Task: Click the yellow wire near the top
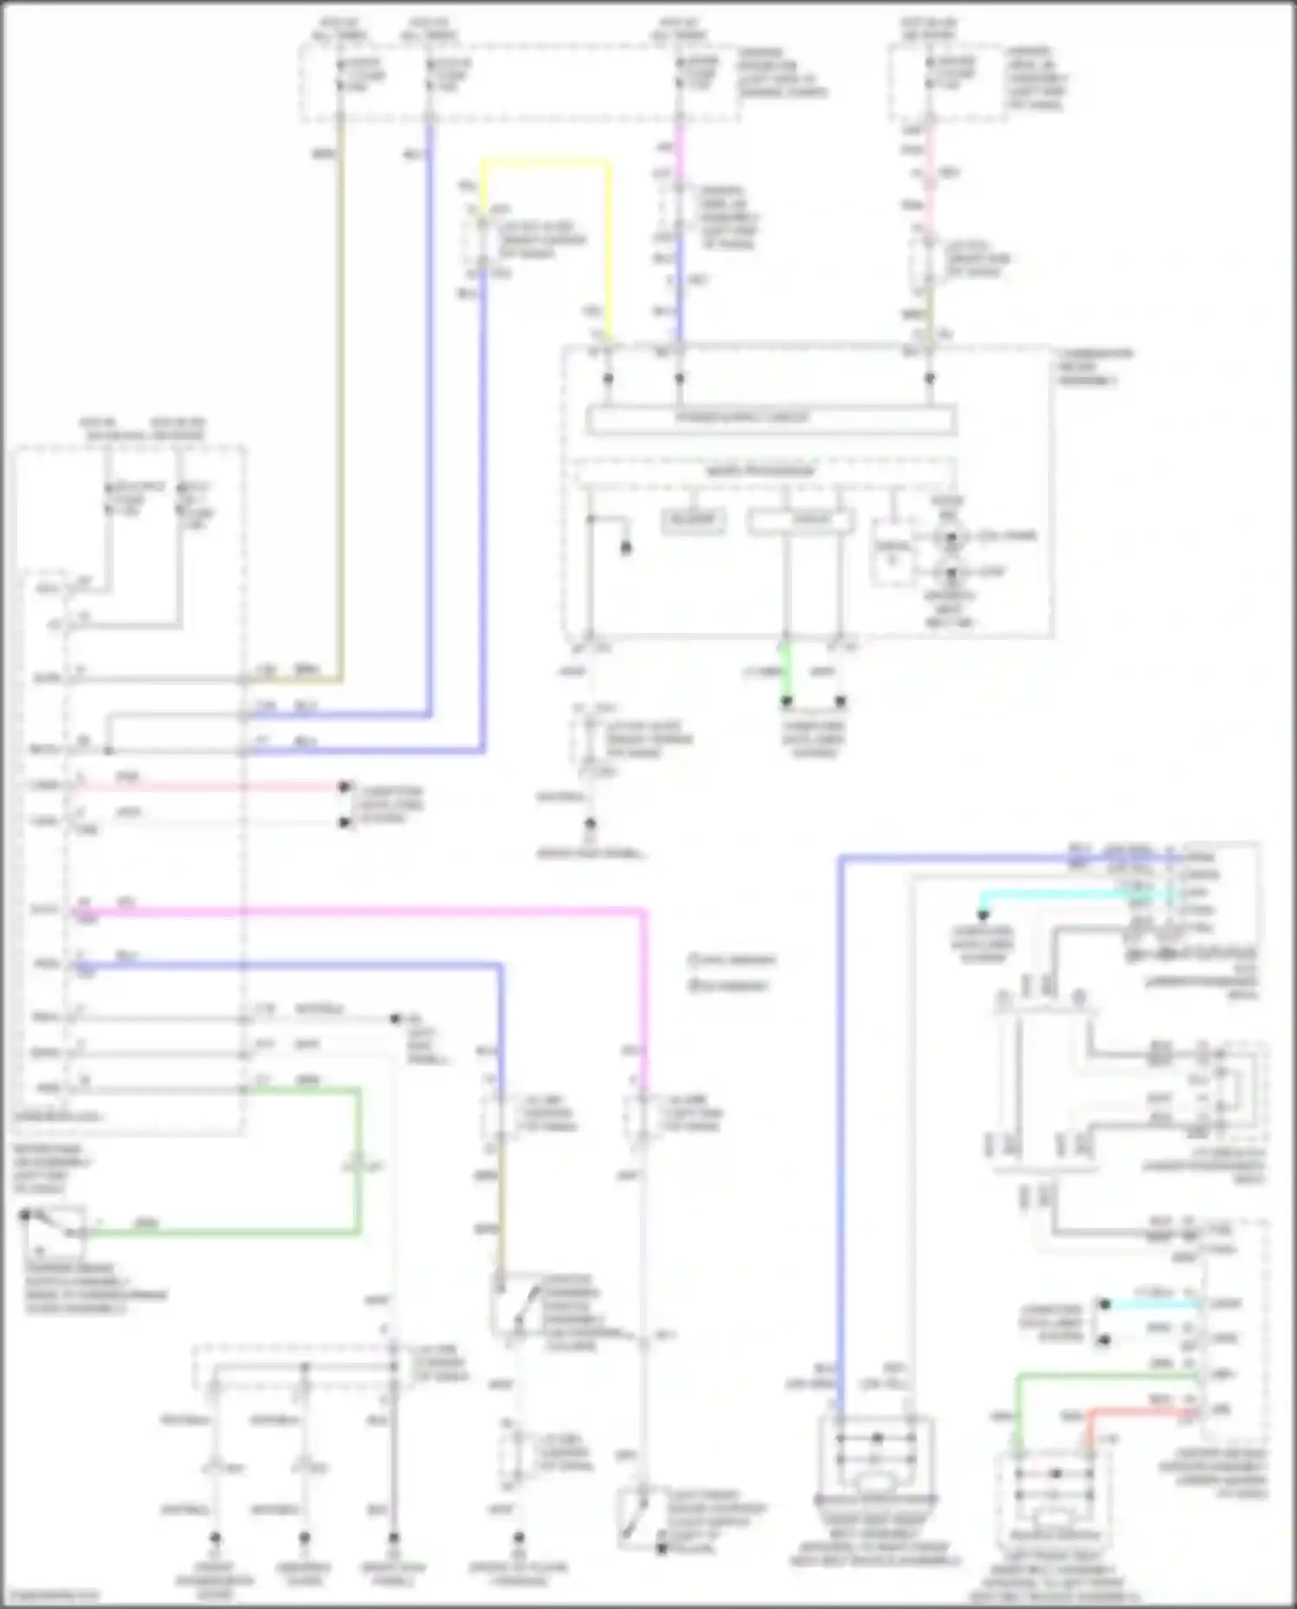click(545, 162)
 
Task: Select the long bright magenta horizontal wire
click(363, 911)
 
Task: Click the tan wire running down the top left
click(341, 389)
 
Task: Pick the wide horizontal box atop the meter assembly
click(770, 419)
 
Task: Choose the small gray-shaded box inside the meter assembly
click(693, 520)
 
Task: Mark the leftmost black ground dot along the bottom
click(215, 1538)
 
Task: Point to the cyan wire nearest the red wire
click(1150, 1304)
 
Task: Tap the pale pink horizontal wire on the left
click(208, 787)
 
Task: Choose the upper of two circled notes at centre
click(732, 960)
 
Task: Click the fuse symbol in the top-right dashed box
click(930, 73)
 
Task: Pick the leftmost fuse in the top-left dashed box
click(340, 73)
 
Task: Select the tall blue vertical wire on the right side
click(840, 1124)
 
